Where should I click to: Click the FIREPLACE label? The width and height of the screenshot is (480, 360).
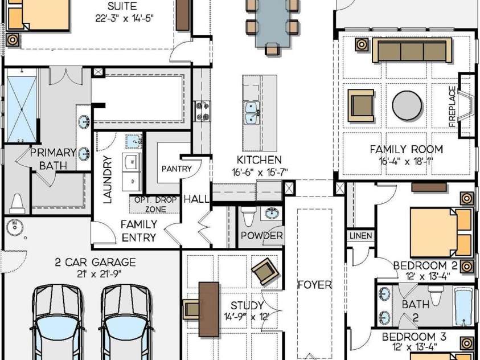[x=452, y=107]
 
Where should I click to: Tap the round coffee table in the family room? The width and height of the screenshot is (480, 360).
[x=407, y=105]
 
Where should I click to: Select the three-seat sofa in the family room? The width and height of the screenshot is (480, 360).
[x=412, y=50]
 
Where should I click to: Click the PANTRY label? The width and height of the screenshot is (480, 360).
[x=177, y=169]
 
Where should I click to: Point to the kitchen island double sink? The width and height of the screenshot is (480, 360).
[x=252, y=113]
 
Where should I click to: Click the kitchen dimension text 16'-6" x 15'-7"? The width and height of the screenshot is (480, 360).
[x=260, y=173]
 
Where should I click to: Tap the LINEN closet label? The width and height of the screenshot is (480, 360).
[x=361, y=235]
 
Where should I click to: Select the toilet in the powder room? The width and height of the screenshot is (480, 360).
[x=248, y=216]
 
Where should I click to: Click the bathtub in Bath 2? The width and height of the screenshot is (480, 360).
[x=464, y=306]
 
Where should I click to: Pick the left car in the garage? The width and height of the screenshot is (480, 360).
[x=58, y=322]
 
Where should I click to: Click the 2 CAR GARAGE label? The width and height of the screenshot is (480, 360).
[x=96, y=262]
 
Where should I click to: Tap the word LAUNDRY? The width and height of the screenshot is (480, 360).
[x=108, y=179]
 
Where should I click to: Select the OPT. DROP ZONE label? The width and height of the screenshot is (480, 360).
[x=155, y=204]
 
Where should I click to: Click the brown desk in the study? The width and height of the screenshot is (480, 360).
[x=209, y=309]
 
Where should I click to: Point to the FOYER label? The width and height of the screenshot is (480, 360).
[x=315, y=285]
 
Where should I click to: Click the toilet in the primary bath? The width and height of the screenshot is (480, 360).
[x=17, y=203]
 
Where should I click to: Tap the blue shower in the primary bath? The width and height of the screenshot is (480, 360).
[x=22, y=109]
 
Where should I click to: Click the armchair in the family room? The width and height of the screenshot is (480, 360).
[x=361, y=105]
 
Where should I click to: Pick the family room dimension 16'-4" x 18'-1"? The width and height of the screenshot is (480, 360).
[x=406, y=161]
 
